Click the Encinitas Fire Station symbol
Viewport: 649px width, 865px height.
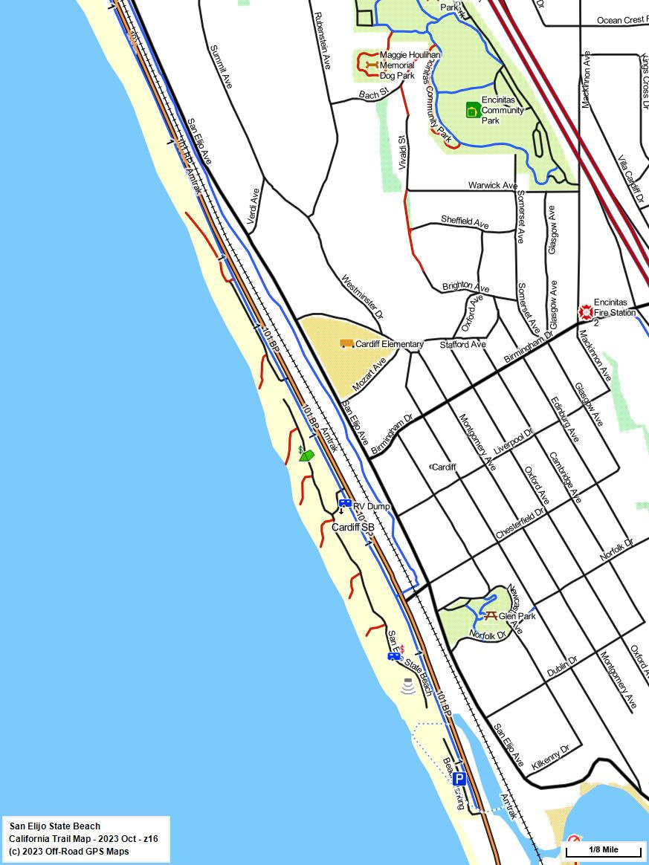586,311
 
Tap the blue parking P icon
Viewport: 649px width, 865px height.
459,779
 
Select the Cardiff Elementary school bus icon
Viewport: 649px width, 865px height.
346,343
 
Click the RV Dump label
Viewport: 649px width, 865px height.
371,507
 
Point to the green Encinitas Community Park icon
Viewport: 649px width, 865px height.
472,111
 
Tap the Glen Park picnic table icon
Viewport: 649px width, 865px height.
490,615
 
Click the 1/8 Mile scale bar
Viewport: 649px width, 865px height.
603,849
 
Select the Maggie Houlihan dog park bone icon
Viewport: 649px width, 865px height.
371,65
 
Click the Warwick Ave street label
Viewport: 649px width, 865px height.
492,185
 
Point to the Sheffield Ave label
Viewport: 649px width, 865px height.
465,221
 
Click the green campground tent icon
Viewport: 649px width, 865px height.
306,456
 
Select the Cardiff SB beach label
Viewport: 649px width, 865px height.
352,527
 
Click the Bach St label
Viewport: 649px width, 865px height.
373,94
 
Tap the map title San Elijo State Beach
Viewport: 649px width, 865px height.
55,826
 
